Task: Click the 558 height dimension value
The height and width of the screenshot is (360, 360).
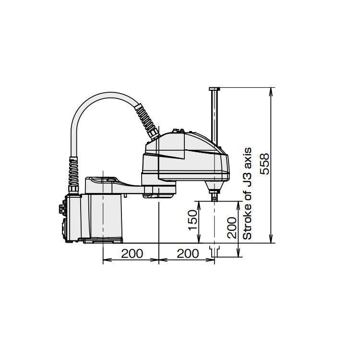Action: pyautogui.click(x=265, y=164)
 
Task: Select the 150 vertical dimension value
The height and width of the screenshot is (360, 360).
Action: pyautogui.click(x=192, y=220)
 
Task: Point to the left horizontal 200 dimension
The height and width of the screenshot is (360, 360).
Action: pyautogui.click(x=132, y=254)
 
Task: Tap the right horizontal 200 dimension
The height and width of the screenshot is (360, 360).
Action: pyautogui.click(x=188, y=254)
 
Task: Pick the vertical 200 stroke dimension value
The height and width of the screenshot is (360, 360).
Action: pyautogui.click(x=232, y=228)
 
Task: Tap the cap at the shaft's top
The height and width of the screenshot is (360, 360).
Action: pyautogui.click(x=215, y=89)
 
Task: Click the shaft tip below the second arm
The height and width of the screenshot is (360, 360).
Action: pyautogui.click(x=214, y=197)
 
